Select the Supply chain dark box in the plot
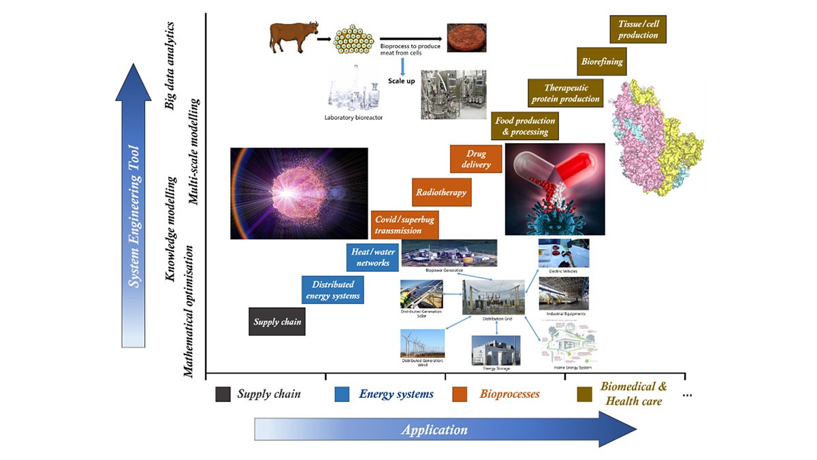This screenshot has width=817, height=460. [276, 322]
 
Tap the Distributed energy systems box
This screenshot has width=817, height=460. [332, 290]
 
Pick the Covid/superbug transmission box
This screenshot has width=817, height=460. [404, 224]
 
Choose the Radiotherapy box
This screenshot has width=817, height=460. [441, 192]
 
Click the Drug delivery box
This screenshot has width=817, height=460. [475, 159]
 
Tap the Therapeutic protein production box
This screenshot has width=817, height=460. [565, 93]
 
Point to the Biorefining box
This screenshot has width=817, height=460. [601, 61]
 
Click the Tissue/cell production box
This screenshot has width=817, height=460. [638, 30]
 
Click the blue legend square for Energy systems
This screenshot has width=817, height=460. [342, 394]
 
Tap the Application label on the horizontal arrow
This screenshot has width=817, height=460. [434, 429]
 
